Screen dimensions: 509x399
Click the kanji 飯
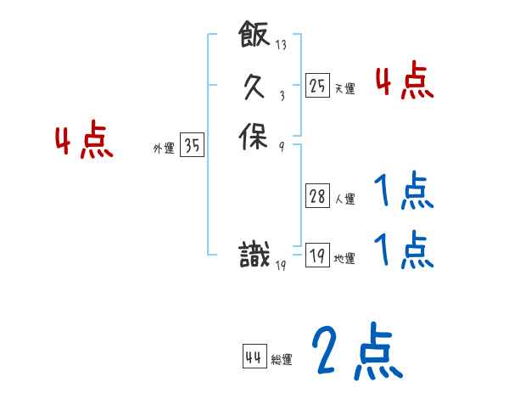click(255, 37)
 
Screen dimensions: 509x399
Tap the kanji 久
click(255, 85)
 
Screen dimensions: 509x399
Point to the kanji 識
click(255, 255)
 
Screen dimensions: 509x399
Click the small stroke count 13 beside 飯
click(281, 45)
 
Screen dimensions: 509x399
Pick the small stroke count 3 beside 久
click(281, 94)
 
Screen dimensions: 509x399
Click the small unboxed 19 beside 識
click(281, 265)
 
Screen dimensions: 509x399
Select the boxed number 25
click(317, 85)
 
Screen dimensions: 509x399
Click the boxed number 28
click(317, 197)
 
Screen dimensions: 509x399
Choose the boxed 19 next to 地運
click(317, 256)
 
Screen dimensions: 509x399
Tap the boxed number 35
click(193, 146)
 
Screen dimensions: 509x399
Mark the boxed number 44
click(254, 357)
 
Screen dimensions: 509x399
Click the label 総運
click(281, 360)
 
